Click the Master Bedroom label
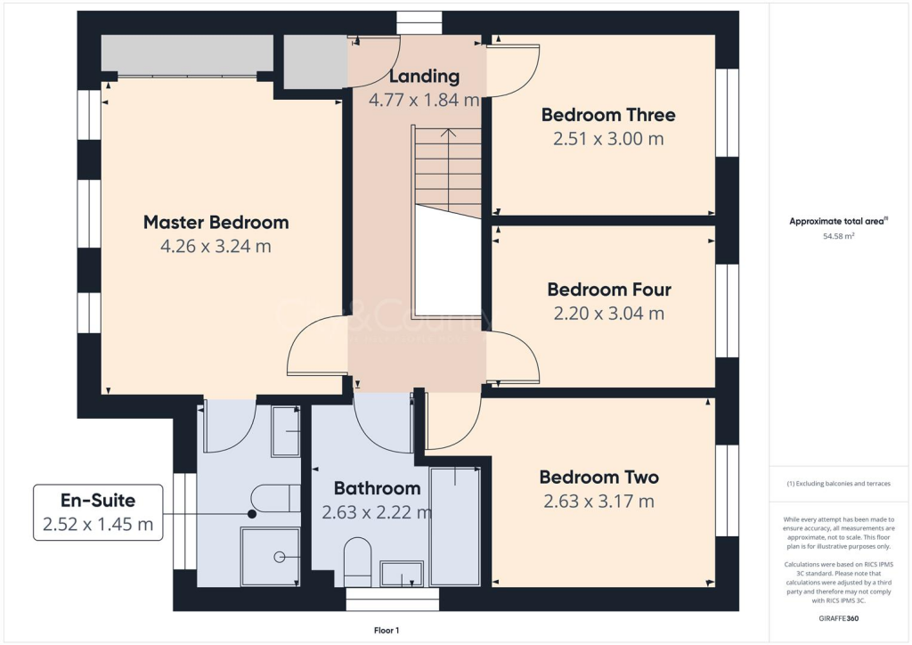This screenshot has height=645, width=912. [x=216, y=222]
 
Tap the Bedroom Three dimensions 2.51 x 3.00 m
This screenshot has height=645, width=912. [x=608, y=138]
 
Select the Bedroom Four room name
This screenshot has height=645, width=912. [x=609, y=290]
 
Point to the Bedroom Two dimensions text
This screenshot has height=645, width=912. [x=598, y=502]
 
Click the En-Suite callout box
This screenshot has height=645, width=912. [x=98, y=512]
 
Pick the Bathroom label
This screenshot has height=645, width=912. [x=377, y=488]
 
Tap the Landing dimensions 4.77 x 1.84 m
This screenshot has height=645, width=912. [x=425, y=100]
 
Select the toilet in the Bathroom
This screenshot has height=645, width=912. [x=357, y=559]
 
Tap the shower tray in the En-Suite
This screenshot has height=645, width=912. [x=270, y=556]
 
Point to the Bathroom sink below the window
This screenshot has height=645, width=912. [x=402, y=574]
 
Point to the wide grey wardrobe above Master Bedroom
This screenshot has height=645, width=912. [x=187, y=55]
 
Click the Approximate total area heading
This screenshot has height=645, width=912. [x=835, y=222]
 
